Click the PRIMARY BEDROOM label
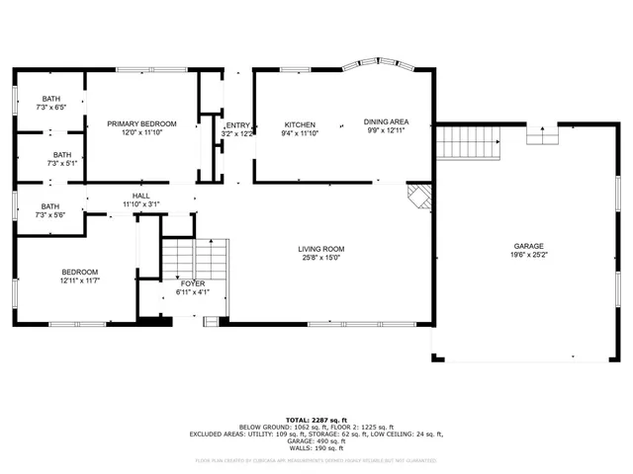tap(141, 123)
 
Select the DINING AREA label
tap(386, 122)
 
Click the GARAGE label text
tap(528, 246)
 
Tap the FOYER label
tap(193, 283)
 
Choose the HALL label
tap(140, 196)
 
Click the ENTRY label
tap(238, 125)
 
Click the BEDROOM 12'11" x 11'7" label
tap(80, 272)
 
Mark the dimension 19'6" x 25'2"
tap(528, 255)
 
